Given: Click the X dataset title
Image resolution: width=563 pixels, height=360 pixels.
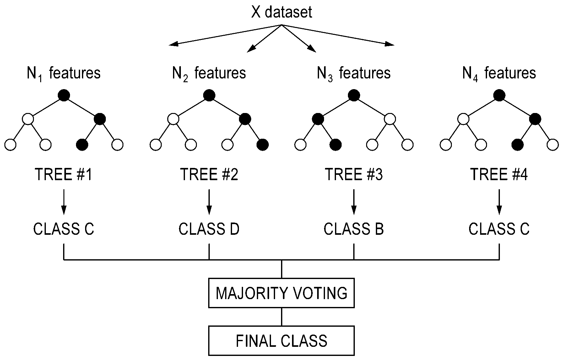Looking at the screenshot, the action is (x=282, y=12).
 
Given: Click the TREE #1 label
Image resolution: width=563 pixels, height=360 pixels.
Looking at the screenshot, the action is (x=64, y=174).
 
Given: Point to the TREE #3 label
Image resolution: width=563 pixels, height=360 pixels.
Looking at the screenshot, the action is (x=354, y=174).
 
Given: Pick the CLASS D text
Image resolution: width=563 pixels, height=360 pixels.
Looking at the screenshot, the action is (x=209, y=229).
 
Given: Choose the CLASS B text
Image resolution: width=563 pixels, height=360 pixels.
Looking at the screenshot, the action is (x=354, y=229).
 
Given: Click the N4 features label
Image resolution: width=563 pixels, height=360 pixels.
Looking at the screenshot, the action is (x=499, y=73).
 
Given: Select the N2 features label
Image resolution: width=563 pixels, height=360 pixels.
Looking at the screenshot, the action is (x=209, y=73).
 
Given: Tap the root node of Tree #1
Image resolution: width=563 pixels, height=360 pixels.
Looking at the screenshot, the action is (x=64, y=95).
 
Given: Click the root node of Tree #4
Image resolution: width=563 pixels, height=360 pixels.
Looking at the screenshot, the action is (x=499, y=95).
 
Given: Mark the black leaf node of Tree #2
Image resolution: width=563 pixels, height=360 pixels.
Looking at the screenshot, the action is (x=263, y=145).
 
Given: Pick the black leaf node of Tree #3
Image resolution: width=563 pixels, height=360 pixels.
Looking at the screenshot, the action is (x=336, y=145).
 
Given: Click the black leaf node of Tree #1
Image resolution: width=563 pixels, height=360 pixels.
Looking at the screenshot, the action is (x=82, y=145).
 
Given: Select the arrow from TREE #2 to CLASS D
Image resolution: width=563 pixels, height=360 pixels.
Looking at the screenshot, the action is (x=209, y=202).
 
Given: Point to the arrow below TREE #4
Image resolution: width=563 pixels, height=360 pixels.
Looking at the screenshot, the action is (x=499, y=202).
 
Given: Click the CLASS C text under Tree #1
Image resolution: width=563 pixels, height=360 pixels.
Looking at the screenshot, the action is (x=64, y=229).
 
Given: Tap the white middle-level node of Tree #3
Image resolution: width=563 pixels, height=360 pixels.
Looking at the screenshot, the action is (x=390, y=119).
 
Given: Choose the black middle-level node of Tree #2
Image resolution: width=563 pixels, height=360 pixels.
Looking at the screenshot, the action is (x=245, y=119).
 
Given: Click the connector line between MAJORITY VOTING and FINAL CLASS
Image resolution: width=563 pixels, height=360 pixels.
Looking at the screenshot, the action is (x=281, y=317).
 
